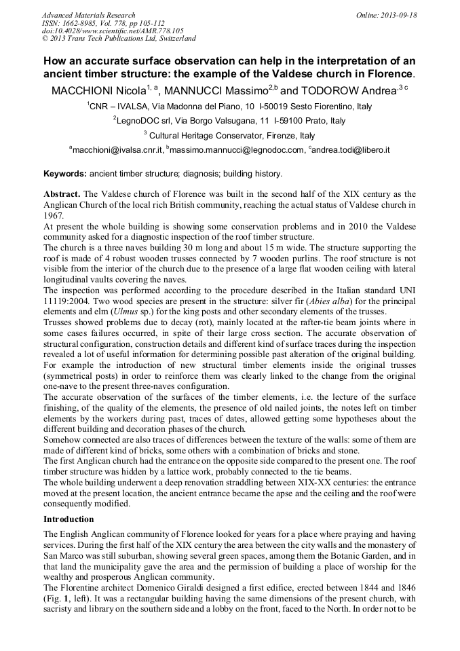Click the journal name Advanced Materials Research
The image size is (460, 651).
(x=88, y=15)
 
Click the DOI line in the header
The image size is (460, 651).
(x=113, y=31)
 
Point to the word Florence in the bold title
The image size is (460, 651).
(x=386, y=73)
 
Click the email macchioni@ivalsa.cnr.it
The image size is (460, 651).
(x=116, y=150)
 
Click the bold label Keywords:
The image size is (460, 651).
(x=65, y=174)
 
